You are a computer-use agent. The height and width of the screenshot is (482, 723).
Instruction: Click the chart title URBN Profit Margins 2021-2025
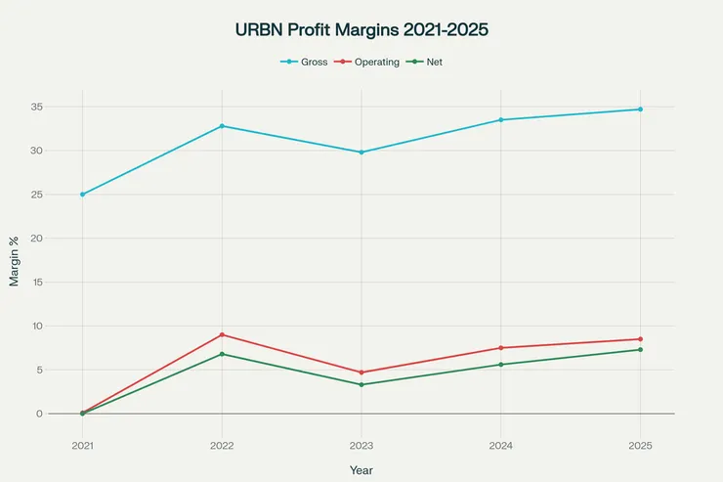(361, 30)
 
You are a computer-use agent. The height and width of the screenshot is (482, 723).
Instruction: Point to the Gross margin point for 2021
(82, 195)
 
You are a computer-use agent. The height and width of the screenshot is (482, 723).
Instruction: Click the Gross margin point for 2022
(222, 126)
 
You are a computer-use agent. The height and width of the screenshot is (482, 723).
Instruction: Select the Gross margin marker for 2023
(361, 153)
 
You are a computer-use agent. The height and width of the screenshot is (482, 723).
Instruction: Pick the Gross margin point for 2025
(641, 110)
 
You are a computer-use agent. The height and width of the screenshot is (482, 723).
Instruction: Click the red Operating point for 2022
(222, 334)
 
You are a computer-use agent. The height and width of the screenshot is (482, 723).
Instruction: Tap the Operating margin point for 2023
(361, 372)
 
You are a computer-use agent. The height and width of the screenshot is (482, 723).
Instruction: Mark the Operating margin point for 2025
(641, 339)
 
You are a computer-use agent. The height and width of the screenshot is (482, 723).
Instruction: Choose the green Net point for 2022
(222, 354)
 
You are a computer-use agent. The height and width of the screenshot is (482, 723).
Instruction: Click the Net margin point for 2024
(501, 365)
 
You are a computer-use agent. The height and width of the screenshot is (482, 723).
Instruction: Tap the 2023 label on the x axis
(361, 445)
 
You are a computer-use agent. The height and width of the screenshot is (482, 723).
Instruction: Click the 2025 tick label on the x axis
(641, 445)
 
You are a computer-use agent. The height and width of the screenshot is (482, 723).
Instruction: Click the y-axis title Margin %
(15, 260)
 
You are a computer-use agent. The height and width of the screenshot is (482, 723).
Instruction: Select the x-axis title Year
(361, 470)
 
